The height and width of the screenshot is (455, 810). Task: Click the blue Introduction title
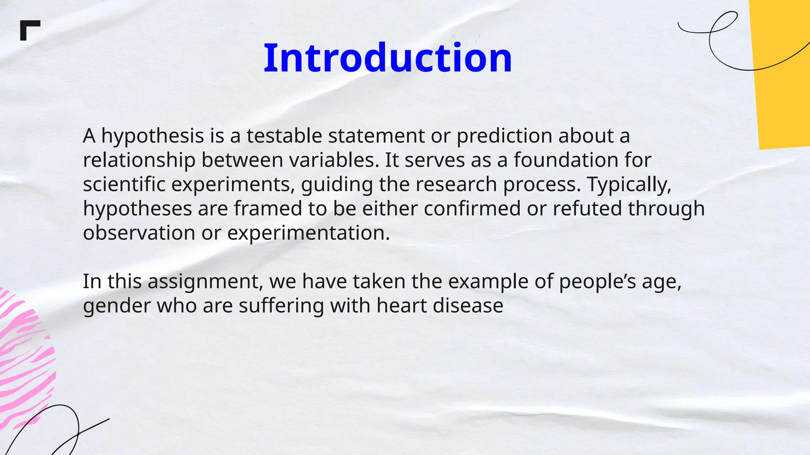[x=388, y=58]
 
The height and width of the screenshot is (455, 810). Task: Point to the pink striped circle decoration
[x=24, y=359]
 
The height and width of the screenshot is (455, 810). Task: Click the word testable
[x=284, y=136]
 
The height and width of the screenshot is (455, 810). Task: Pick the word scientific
[x=124, y=184]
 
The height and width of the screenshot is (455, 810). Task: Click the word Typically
[x=629, y=184]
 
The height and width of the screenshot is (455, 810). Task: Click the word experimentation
[x=308, y=233]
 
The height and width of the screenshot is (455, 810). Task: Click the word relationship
[x=139, y=160]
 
